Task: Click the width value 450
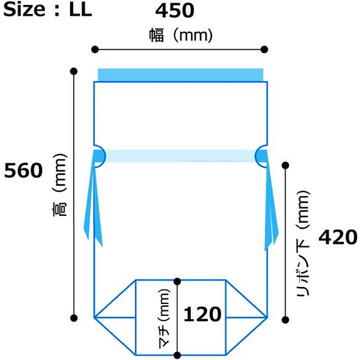click(x=175, y=11)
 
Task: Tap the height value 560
click(x=23, y=171)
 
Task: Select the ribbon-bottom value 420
click(x=338, y=237)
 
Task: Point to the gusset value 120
click(x=202, y=314)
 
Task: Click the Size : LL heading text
click(x=48, y=9)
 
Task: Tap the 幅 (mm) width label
click(x=181, y=36)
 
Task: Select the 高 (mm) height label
click(x=59, y=185)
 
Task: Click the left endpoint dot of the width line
click(x=95, y=49)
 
